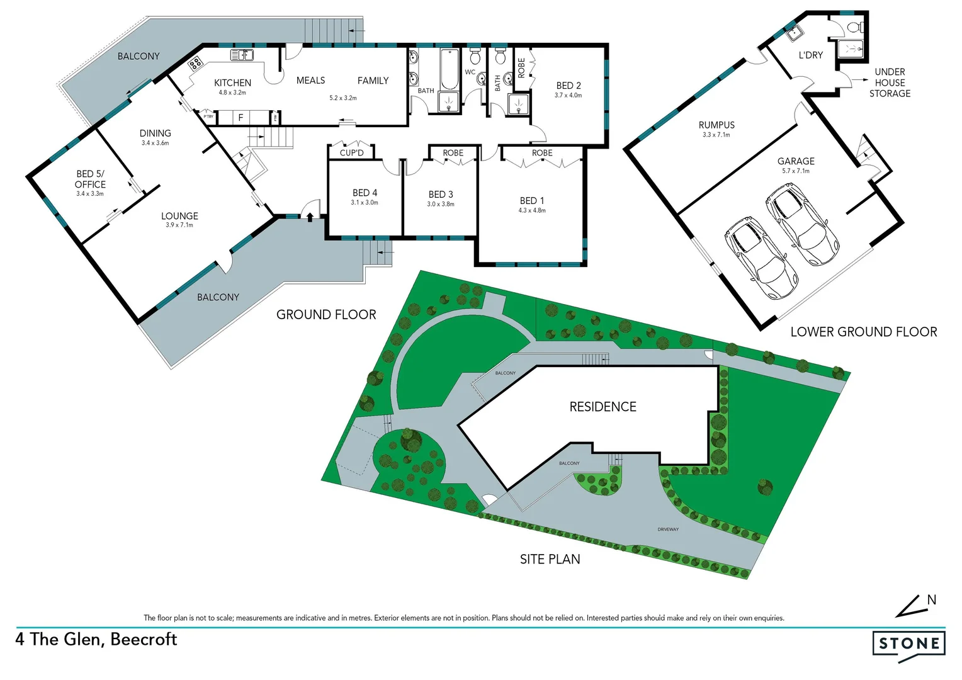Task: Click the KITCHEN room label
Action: (x=232, y=82)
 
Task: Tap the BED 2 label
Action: (x=569, y=86)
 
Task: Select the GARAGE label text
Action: (x=796, y=161)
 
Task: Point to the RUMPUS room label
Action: (x=716, y=125)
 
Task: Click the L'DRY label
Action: (x=810, y=55)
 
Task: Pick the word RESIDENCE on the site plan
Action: (x=603, y=407)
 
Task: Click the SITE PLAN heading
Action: (x=550, y=559)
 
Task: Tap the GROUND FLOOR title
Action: (x=326, y=315)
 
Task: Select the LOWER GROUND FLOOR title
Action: (x=863, y=332)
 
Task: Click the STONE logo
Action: (x=908, y=643)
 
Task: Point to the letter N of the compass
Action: (x=932, y=600)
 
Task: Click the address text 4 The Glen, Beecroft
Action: (x=96, y=640)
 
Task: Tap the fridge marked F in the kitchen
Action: (x=241, y=118)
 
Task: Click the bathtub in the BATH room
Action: (x=449, y=69)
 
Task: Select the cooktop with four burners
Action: (x=195, y=62)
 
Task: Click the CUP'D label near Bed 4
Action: (x=351, y=153)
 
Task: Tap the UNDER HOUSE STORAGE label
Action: (x=890, y=82)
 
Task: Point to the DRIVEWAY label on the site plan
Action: (x=668, y=530)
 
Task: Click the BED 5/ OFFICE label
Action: (x=90, y=179)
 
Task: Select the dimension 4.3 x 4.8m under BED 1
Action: (x=532, y=210)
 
